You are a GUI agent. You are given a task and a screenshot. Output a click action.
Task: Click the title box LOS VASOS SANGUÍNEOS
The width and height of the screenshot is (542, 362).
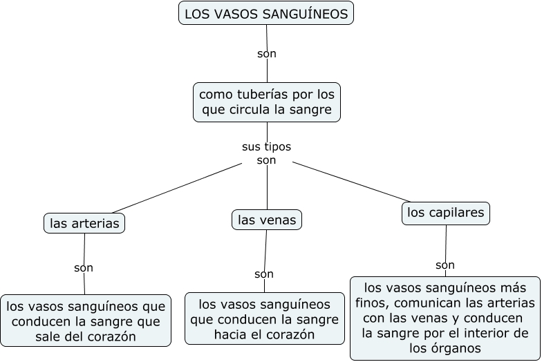coord(266,13)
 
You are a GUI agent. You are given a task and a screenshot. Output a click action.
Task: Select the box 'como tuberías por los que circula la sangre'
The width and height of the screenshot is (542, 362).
coord(267,102)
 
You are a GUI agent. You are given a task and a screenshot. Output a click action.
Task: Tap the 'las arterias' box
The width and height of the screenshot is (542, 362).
coord(84,223)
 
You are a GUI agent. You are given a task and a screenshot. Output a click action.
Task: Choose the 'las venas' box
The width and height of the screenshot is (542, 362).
coord(267,220)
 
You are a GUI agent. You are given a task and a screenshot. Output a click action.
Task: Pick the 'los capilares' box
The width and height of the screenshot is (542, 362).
coord(446,213)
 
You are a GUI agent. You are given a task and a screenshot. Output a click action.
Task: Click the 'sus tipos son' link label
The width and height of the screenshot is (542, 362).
coord(266,153)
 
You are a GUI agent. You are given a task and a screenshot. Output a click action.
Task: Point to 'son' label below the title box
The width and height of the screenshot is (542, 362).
coord(266,53)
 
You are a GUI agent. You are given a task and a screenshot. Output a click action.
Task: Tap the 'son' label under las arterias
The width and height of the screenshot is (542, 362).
coord(83,267)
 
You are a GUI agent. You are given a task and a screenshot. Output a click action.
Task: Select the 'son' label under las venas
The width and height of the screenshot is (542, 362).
coord(264,274)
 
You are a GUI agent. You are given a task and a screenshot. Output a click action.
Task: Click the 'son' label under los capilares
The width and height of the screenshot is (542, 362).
coord(445,265)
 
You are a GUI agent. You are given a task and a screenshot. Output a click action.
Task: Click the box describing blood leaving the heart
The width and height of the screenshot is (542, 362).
coord(86,321)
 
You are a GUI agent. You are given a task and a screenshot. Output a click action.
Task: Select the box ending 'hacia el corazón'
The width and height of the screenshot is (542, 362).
coord(264,319)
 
